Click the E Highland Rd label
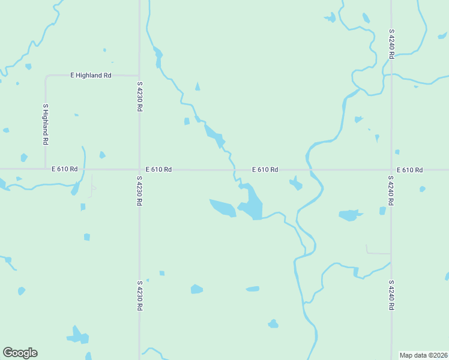click(91, 76)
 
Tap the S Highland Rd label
click(45, 124)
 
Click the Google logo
click(20, 353)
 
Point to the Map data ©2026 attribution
click(423, 355)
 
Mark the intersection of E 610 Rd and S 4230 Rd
click(139, 169)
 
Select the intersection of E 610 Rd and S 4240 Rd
click(391, 169)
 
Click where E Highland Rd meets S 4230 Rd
click(139, 76)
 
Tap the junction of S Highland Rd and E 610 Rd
click(46, 169)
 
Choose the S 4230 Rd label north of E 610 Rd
click(139, 97)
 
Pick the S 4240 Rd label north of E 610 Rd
click(391, 43)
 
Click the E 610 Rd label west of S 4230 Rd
click(65, 169)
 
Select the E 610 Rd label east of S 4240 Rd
click(409, 170)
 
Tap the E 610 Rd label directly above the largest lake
click(265, 170)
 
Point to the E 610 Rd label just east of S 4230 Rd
click(158, 170)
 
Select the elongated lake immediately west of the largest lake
click(223, 208)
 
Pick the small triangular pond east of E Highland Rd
click(197, 86)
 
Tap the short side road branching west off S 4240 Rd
click(378, 253)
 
